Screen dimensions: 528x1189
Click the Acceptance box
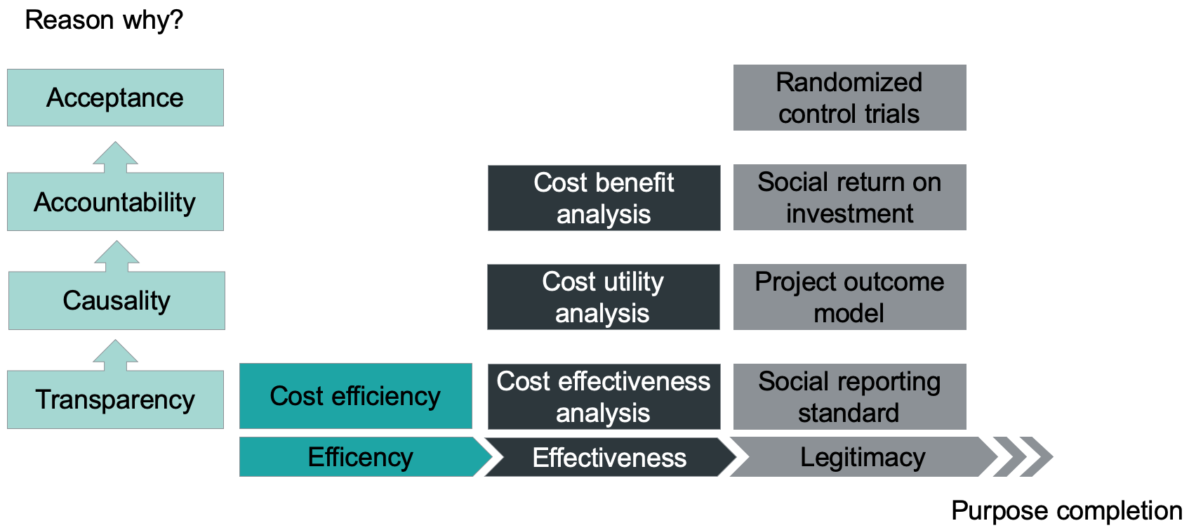(115, 98)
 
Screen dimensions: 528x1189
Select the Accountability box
(115, 202)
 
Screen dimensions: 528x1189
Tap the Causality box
(117, 301)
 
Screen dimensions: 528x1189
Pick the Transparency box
(115, 400)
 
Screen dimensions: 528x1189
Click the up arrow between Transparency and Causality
(116, 355)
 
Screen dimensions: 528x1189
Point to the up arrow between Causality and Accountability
(117, 256)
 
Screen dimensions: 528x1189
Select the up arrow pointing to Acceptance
(116, 157)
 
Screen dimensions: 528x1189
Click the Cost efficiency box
(355, 396)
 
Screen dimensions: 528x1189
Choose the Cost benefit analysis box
(604, 198)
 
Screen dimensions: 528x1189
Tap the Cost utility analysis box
(603, 297)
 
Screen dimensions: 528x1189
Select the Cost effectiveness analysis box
(604, 397)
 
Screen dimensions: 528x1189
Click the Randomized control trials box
(849, 98)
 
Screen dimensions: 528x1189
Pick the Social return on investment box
(849, 197)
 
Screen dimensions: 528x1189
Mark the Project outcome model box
(849, 297)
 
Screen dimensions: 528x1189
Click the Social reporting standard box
(849, 397)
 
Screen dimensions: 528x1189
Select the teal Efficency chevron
(361, 457)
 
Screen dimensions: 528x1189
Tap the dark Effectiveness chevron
(609, 458)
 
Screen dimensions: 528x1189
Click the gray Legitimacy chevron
(863, 457)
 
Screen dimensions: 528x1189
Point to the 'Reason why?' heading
(104, 20)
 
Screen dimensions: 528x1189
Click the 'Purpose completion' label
(1066, 510)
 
